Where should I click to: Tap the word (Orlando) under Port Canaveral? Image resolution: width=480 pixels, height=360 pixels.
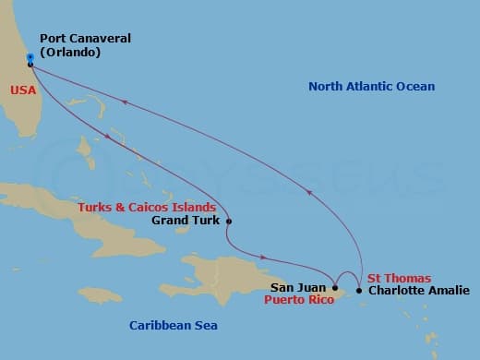click(70, 53)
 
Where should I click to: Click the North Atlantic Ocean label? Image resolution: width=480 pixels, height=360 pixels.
click(371, 87)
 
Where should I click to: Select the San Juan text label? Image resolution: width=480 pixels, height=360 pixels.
click(298, 288)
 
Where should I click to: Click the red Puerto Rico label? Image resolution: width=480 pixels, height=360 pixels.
click(298, 301)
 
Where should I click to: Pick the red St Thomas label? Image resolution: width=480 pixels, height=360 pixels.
click(399, 278)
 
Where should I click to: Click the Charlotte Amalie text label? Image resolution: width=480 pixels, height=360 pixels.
click(418, 291)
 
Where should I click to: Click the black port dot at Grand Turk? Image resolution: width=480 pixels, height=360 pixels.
click(229, 222)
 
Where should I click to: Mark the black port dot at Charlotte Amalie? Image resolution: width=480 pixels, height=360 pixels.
click(359, 291)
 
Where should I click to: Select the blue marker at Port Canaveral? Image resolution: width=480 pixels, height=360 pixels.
click(30, 57)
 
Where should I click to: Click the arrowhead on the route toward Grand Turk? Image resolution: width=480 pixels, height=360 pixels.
click(110, 138)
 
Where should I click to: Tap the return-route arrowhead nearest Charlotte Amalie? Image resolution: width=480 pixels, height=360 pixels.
click(310, 193)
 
